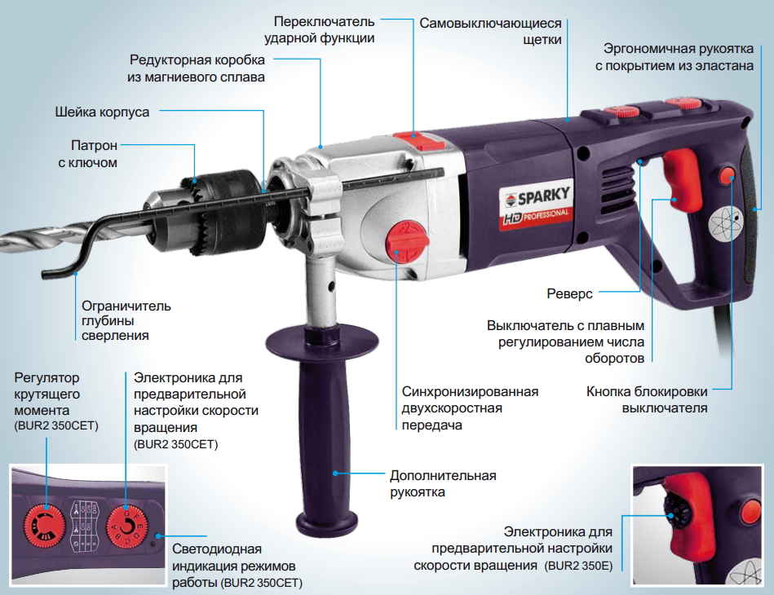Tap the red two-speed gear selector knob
408,242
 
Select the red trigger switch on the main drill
683,178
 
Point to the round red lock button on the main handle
728,174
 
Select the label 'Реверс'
569,293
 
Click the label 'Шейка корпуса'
102,112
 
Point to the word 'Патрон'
95,146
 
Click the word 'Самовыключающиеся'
490,23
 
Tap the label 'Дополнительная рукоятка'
443,483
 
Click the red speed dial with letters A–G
127,527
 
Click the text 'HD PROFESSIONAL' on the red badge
536,216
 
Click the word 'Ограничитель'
126,306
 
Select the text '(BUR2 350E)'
578,566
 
